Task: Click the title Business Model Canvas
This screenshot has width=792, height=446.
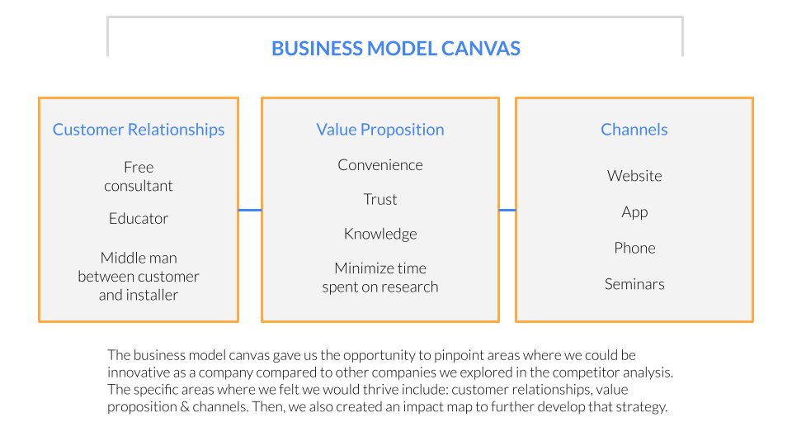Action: tap(395, 49)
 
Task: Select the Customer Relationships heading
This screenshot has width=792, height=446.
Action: tap(139, 130)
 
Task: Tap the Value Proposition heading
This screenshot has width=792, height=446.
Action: tap(379, 130)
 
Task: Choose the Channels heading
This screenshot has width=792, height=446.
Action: tap(634, 130)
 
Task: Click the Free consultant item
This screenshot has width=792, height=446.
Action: tap(139, 177)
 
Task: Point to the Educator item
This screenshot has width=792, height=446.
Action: tap(139, 218)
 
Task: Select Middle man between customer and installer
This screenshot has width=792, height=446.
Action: tap(139, 276)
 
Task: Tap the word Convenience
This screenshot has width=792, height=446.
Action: tap(379, 165)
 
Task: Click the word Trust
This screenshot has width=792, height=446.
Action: tap(379, 199)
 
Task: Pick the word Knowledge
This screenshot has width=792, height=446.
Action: tap(379, 234)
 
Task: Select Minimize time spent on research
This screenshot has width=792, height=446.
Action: tap(379, 278)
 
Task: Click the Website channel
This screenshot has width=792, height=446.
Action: tap(634, 176)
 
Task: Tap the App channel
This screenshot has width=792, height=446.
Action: tap(634, 212)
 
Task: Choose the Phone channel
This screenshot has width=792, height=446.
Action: tap(634, 248)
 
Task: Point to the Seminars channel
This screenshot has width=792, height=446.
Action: tap(634, 284)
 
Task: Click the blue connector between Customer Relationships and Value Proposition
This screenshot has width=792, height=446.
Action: tap(250, 210)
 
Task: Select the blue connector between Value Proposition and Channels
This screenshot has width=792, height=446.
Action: tap(507, 210)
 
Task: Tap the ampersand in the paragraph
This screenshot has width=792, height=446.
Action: tap(185, 407)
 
